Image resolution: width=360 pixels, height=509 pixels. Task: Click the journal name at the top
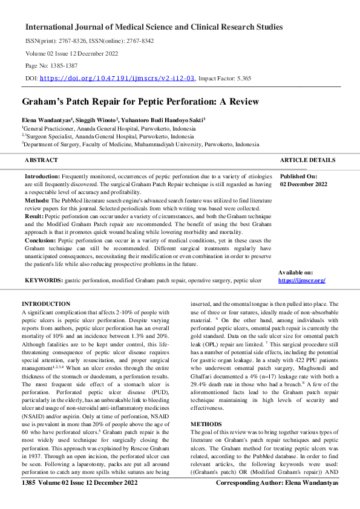[x=154, y=27]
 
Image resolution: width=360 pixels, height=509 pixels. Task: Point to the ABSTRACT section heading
[x=41, y=160]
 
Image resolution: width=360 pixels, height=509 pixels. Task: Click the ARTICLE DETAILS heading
[x=307, y=160]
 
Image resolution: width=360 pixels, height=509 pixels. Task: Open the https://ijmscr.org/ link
[x=302, y=280]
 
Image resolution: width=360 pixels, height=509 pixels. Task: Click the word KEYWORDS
[x=43, y=280]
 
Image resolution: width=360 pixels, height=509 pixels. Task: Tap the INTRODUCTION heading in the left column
[x=45, y=303]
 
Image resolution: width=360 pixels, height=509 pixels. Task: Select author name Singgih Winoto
[x=98, y=120]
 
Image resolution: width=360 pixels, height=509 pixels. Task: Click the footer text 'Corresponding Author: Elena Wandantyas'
[x=277, y=500]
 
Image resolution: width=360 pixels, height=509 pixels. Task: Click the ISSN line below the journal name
[x=90, y=41]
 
